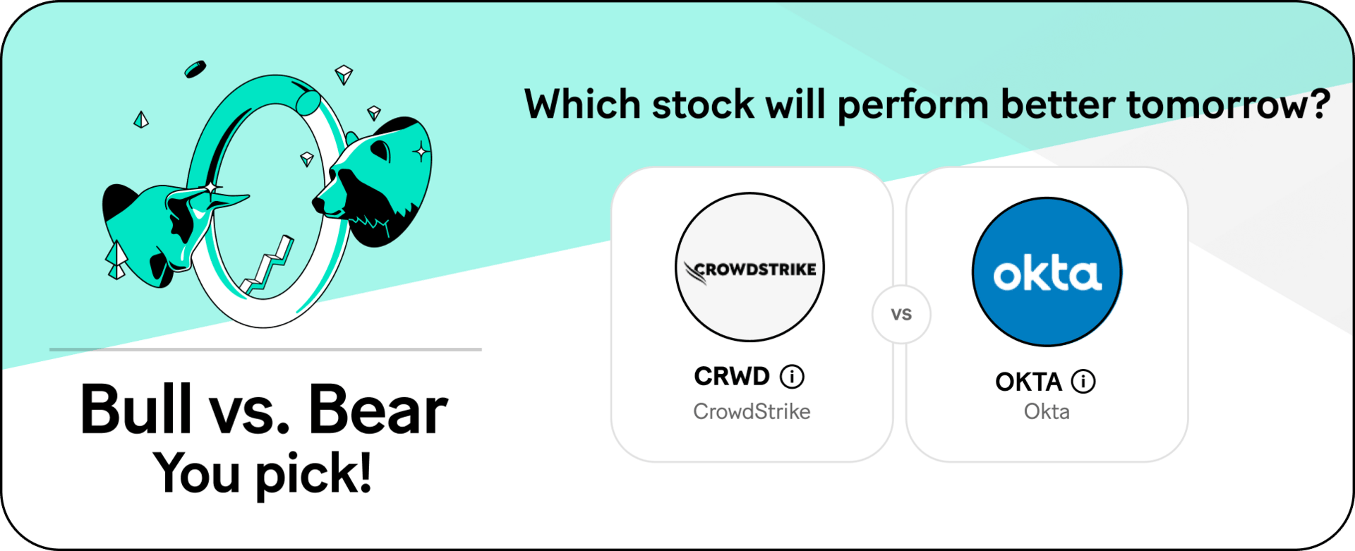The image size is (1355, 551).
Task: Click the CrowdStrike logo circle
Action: click(749, 267)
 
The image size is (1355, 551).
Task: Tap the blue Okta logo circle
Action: click(1047, 272)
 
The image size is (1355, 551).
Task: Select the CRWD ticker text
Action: click(732, 377)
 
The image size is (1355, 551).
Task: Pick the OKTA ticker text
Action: click(1028, 382)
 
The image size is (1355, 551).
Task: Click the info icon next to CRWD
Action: click(792, 377)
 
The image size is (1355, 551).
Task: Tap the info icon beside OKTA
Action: click(1083, 382)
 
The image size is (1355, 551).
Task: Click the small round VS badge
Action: click(901, 315)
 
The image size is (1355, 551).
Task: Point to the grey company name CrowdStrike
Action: click(752, 411)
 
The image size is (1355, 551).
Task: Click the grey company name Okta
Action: click(1047, 411)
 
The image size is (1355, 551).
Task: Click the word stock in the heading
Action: click(703, 104)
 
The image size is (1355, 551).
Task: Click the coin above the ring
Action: click(195, 69)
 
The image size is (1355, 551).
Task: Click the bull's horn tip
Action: click(248, 197)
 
